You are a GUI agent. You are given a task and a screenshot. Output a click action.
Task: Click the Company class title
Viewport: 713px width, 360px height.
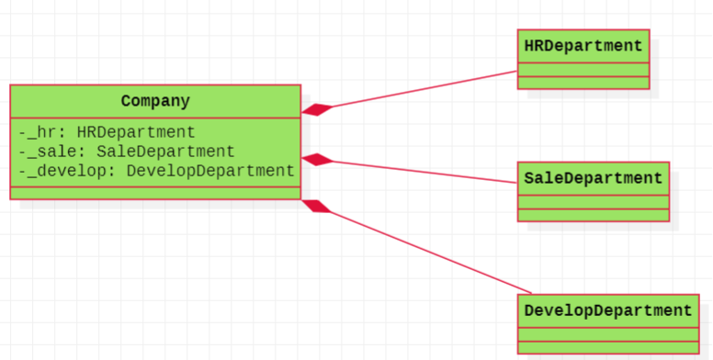point(155,101)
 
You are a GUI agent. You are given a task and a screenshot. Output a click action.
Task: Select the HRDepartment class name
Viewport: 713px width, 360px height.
point(583,46)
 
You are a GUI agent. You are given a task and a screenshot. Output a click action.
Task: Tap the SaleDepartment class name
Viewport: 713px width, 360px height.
point(594,178)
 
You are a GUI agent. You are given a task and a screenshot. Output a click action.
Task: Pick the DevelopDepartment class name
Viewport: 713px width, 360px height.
point(608,311)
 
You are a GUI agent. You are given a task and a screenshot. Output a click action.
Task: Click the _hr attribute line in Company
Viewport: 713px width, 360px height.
point(107,132)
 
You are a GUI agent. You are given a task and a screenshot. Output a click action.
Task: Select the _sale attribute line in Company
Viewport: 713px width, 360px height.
point(127,152)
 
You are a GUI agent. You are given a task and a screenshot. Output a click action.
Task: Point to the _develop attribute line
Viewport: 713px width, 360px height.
point(157,171)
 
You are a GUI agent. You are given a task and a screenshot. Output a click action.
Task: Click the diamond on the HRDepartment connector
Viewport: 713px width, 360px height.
point(317,110)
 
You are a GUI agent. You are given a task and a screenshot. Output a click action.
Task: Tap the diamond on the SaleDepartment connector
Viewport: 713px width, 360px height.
point(317,160)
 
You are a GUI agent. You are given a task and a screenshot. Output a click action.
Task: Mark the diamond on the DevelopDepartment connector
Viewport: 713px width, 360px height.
point(317,206)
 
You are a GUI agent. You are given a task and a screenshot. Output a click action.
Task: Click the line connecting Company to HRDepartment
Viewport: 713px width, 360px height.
point(425,89)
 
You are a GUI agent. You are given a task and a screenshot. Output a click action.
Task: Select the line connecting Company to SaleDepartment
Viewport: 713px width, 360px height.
point(425,172)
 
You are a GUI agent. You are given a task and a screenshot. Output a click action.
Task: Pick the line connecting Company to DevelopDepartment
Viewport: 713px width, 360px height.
point(431,253)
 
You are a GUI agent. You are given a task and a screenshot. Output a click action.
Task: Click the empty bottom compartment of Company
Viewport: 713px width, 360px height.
point(155,193)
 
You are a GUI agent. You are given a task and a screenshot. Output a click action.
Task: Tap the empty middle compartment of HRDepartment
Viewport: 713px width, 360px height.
point(583,70)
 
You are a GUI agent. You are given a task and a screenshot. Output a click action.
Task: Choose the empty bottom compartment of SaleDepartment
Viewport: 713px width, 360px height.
point(594,215)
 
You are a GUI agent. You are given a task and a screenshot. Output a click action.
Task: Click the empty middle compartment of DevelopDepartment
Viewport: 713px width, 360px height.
point(608,334)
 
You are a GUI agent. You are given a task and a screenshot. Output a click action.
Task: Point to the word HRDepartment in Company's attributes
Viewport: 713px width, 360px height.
point(136,132)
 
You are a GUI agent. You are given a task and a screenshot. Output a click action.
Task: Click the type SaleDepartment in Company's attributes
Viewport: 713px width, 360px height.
point(165,152)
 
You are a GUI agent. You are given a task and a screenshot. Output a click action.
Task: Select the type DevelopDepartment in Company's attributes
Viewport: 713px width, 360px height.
point(211,171)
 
